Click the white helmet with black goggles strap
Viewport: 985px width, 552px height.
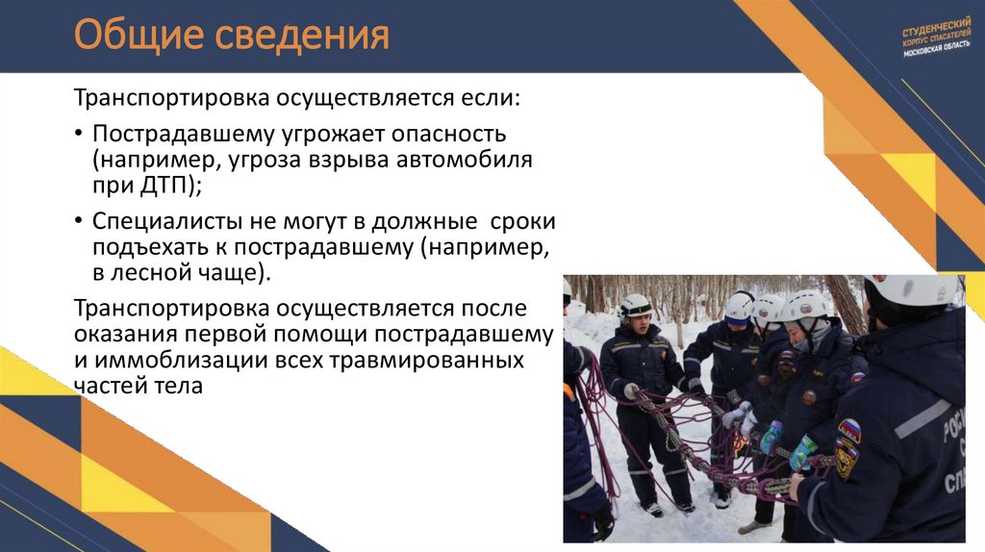(635, 307)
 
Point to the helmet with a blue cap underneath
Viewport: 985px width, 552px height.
(740, 308)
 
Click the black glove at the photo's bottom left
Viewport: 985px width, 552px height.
(603, 521)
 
